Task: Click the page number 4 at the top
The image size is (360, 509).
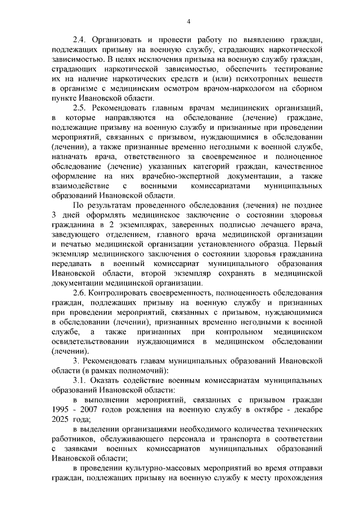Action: (x=188, y=21)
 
